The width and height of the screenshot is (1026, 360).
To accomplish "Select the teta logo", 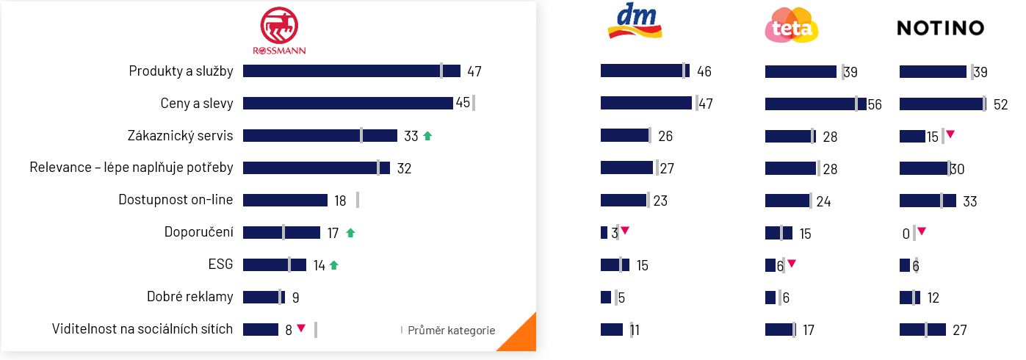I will coord(792,25).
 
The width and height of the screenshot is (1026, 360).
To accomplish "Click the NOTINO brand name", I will coord(940,29).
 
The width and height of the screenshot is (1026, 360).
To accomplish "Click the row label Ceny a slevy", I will coord(197,104).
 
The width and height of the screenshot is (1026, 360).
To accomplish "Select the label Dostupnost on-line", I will coord(176,200).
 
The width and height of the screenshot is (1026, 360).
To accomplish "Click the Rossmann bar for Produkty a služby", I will coord(351,71).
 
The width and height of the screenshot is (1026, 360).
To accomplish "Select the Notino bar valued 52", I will coord(942,104).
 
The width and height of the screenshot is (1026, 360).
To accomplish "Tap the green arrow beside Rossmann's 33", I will coord(427,136).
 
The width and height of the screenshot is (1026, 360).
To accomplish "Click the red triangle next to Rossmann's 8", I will coord(301,328).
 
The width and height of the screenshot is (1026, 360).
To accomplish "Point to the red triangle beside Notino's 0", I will coord(922,231).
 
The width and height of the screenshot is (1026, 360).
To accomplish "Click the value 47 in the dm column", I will coord(705,104).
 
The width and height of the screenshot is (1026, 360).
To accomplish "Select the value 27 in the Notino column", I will coord(959,331).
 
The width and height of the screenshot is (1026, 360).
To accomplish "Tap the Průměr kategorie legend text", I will coord(451,331).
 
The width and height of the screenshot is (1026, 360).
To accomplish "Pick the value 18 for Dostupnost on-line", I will coord(340,201).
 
